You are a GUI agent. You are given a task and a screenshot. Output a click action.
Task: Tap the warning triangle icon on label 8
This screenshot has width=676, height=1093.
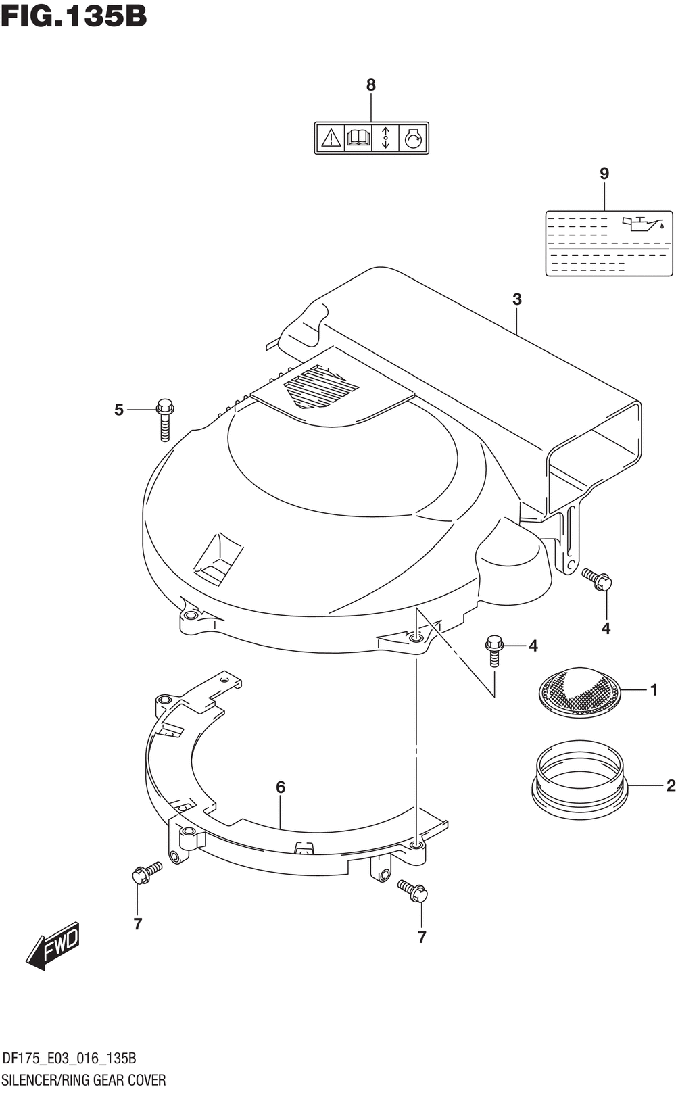[331, 139]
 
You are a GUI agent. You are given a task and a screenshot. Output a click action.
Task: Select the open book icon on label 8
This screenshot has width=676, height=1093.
[358, 139]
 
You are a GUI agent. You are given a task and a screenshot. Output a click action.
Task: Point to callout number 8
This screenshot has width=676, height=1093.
[370, 85]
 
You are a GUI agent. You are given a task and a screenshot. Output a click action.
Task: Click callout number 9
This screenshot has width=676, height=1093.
[604, 174]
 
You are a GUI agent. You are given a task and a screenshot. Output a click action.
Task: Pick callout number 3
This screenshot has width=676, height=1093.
[517, 299]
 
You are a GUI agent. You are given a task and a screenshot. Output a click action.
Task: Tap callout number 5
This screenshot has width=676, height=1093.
[119, 410]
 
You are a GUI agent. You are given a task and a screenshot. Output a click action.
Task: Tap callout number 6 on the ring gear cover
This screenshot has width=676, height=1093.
[281, 787]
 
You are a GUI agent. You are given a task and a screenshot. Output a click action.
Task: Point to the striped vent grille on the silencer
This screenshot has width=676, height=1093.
[321, 388]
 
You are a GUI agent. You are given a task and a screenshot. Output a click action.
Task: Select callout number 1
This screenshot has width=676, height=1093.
[654, 690]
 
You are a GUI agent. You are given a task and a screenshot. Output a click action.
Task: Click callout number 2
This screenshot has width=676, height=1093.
[671, 785]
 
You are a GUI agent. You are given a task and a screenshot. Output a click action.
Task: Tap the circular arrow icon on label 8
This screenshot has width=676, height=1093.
[412, 139]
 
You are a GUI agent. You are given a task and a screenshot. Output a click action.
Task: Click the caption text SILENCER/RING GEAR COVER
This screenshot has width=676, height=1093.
[84, 1079]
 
